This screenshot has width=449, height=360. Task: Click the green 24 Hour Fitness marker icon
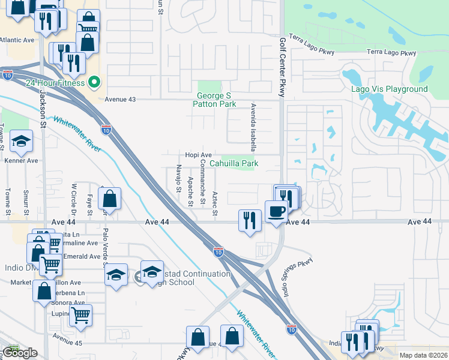pyautogui.click(x=94, y=83)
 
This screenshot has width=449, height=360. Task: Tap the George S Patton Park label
pyautogui.click(x=214, y=100)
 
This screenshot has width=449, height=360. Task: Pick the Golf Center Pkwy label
pyautogui.click(x=281, y=67)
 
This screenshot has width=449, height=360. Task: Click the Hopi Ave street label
pyautogui.click(x=199, y=155)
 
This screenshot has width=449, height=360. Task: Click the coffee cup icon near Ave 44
pyautogui.click(x=276, y=212)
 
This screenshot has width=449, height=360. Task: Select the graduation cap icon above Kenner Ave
pyautogui.click(x=22, y=142)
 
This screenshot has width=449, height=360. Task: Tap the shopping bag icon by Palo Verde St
pyautogui.click(x=110, y=199)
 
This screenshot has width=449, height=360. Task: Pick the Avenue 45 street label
pyautogui.click(x=66, y=335)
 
